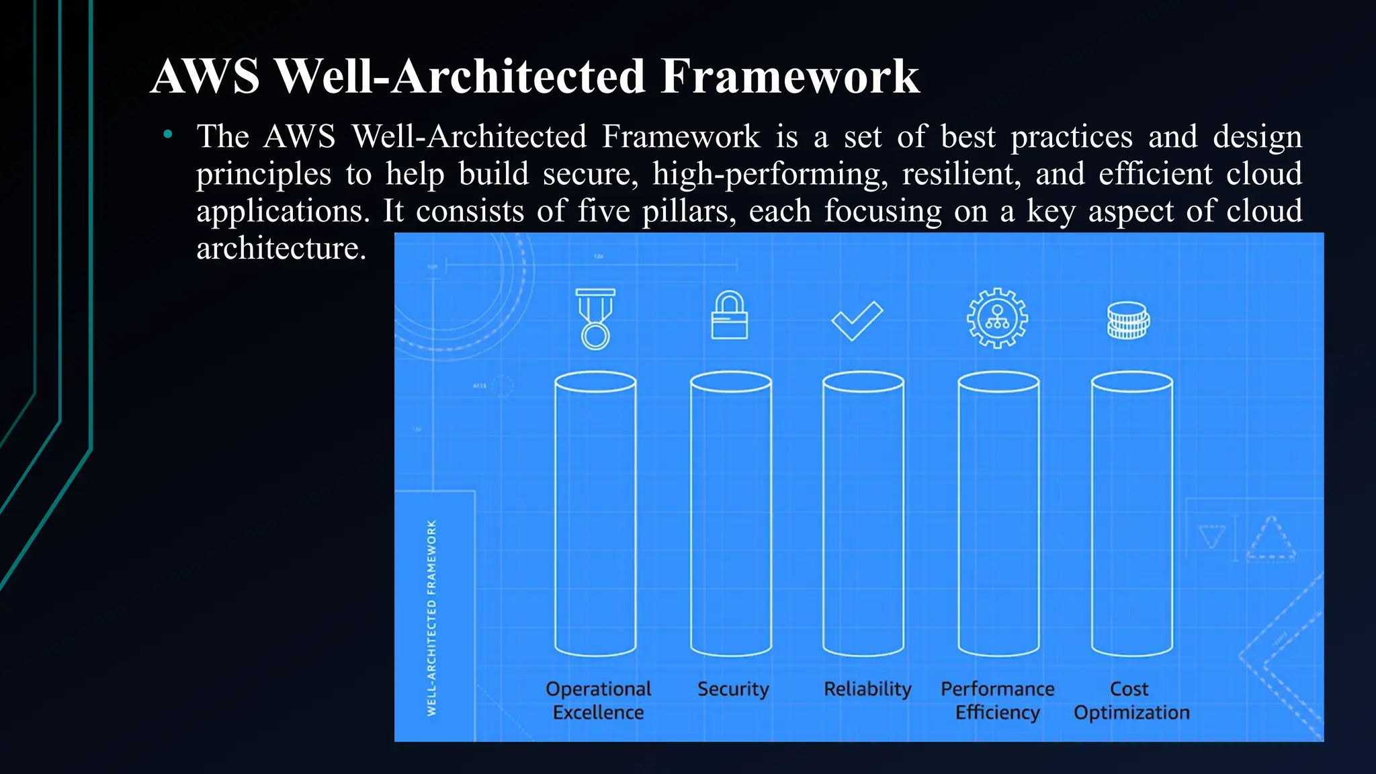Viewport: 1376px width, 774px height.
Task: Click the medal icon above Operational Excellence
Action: tap(595, 318)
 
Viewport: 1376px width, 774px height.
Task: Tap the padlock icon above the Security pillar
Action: tap(730, 316)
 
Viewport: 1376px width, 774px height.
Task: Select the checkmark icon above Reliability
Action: tap(857, 321)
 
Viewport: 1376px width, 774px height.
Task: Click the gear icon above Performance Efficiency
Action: tap(997, 318)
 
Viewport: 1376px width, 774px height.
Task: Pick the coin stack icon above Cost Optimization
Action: tap(1128, 320)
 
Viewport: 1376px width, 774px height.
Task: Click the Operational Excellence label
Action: tap(598, 700)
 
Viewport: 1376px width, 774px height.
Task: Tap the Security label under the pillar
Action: tap(733, 689)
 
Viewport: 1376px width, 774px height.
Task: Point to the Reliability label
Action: tap(867, 689)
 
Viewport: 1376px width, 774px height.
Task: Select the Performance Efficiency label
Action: tap(998, 700)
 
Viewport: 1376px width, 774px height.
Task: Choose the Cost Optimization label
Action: tap(1131, 700)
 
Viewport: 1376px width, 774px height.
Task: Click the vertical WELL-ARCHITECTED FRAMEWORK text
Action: tap(432, 617)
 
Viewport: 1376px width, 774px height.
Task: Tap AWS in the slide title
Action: tap(206, 76)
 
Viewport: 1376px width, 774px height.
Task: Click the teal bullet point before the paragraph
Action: tap(168, 135)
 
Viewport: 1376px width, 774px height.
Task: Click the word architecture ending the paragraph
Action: tap(281, 249)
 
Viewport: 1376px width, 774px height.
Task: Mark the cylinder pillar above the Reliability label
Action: tap(863, 514)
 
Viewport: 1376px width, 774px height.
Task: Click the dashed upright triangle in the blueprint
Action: tap(1271, 540)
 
